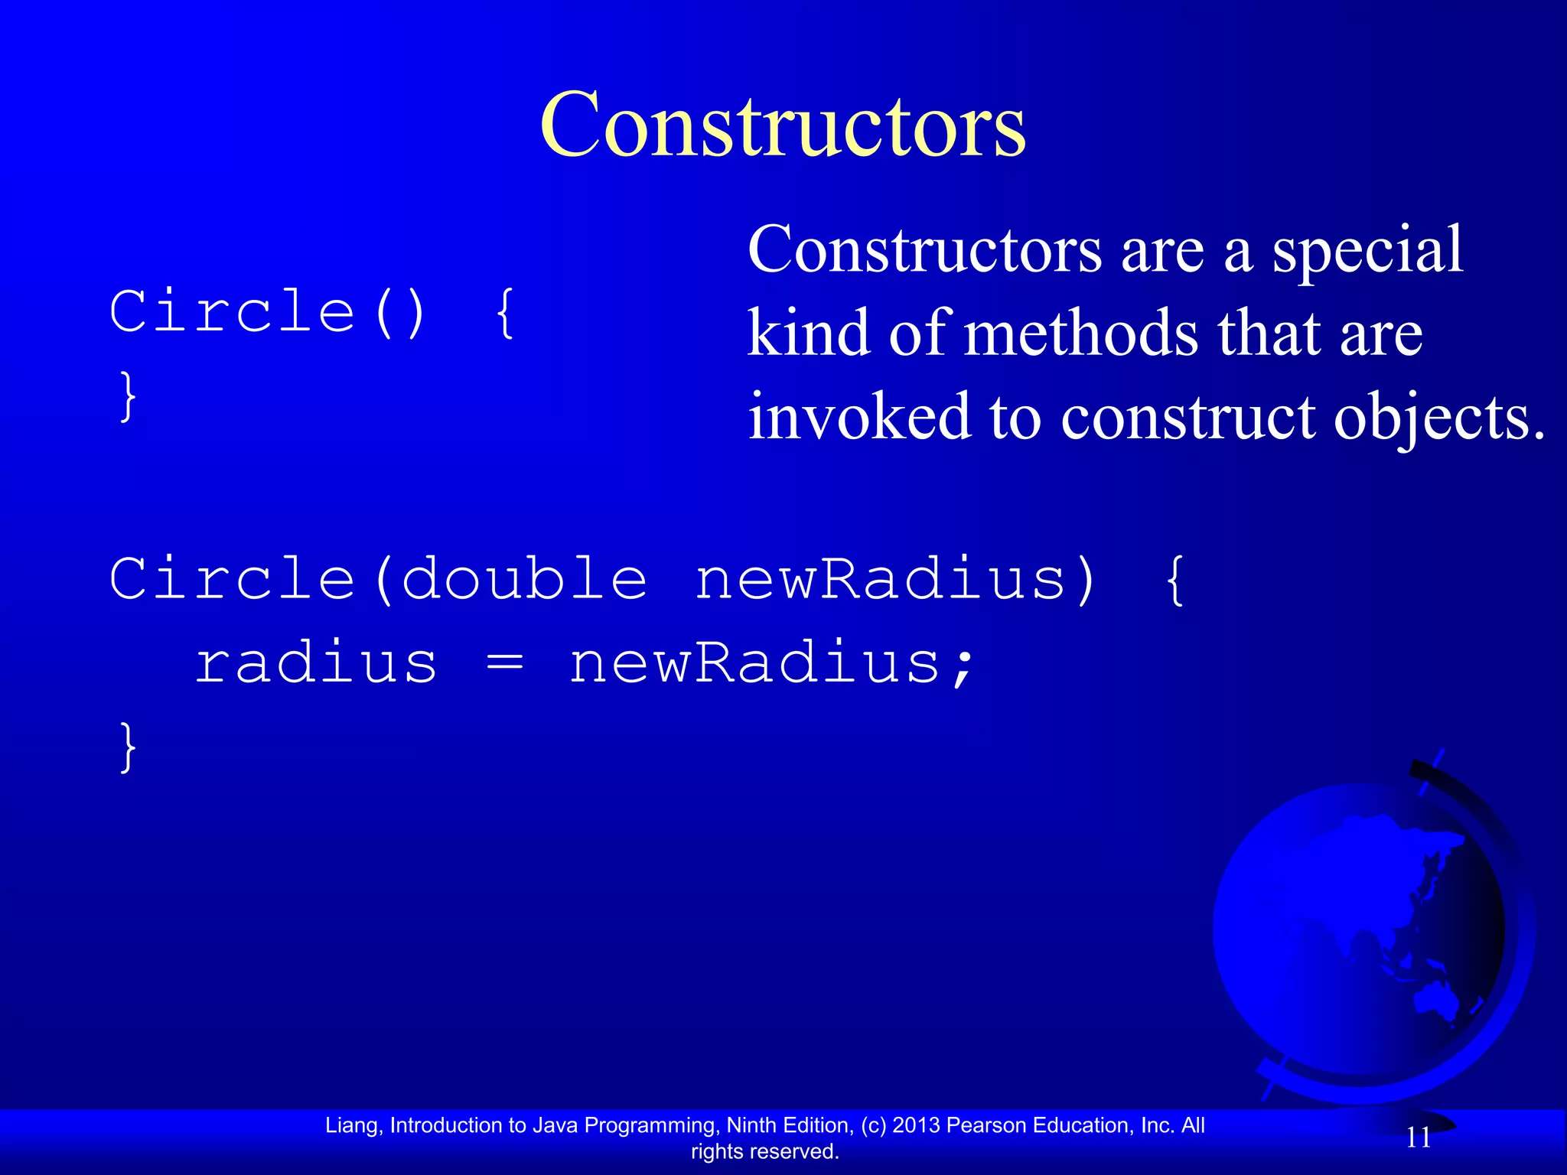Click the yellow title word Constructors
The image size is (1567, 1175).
point(782,125)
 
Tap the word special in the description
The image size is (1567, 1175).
point(1368,250)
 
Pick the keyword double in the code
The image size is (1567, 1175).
point(524,579)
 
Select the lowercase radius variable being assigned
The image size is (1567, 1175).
point(316,662)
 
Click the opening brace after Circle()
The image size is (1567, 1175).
point(505,312)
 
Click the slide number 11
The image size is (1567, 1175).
point(1419,1138)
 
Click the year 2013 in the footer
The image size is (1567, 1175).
point(916,1125)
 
